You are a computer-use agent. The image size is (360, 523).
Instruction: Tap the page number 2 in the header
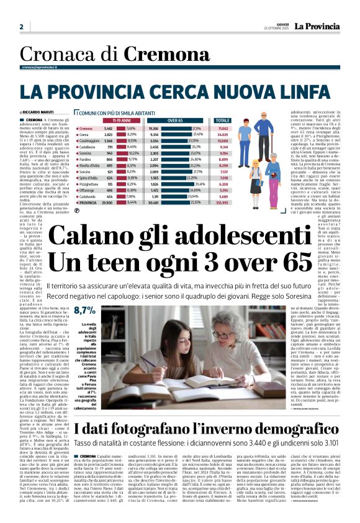21,27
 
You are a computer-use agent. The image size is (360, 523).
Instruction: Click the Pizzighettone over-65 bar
186,184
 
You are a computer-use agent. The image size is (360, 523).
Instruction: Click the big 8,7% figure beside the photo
84,310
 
